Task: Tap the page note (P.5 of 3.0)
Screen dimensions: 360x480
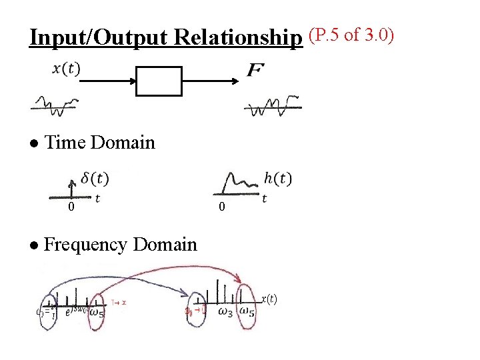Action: (351, 34)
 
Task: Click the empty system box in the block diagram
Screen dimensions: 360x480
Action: (159, 81)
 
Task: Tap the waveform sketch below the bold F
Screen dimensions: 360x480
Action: (273, 105)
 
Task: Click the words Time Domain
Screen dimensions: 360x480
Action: (99, 142)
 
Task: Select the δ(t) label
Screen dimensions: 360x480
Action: (95, 179)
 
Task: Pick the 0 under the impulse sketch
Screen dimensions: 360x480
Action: (71, 208)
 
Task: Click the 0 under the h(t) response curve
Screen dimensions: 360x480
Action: (222, 209)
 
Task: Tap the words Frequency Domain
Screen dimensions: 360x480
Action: (120, 245)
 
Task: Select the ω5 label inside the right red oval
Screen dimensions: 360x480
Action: (247, 312)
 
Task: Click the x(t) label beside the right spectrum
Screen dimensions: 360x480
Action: (268, 299)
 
